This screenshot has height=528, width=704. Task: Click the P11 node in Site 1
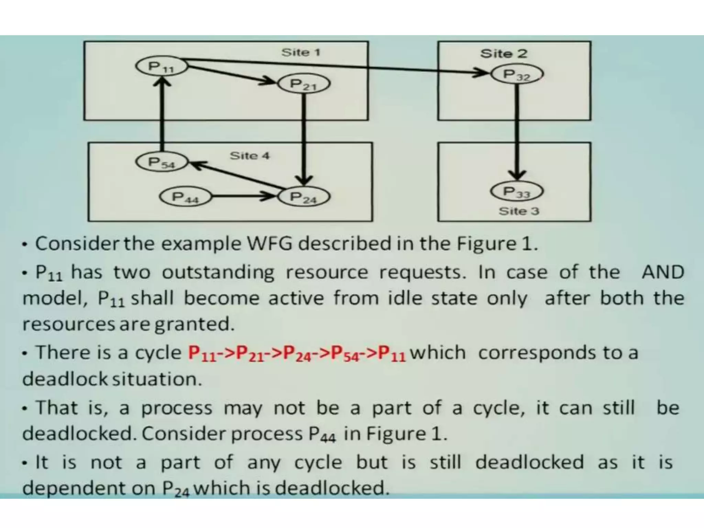[x=161, y=66]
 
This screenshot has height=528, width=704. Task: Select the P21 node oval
[x=304, y=84]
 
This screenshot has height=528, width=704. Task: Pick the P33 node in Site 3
[x=517, y=191]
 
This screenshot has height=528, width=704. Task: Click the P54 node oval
[x=162, y=162]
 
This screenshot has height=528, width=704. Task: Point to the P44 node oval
[x=185, y=197]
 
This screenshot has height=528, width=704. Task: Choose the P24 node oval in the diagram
[x=304, y=197]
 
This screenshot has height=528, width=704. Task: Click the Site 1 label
[x=301, y=52]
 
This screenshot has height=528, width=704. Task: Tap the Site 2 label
[x=504, y=53]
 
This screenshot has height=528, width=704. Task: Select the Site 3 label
[x=519, y=211]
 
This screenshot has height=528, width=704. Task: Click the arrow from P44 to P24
[x=243, y=197]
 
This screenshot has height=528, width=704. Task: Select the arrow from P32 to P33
[x=517, y=131]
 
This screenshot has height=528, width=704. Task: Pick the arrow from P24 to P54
[x=237, y=175]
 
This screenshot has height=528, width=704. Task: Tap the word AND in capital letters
[x=663, y=272]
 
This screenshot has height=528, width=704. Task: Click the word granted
[x=194, y=324]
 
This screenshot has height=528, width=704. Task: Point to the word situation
[x=157, y=379]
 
